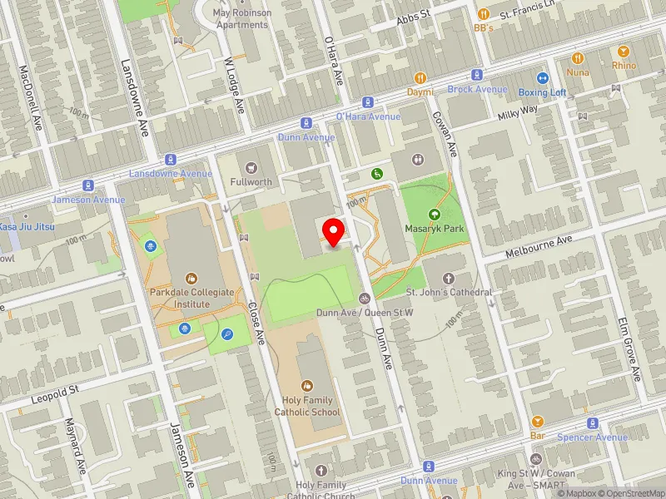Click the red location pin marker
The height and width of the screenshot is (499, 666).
tap(334, 232)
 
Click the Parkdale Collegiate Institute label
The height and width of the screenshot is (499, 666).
tap(191, 299)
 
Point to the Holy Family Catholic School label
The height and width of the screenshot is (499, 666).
tap(307, 406)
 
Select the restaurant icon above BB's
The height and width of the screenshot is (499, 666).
tap(484, 14)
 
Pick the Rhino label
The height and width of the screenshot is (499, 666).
tap(624, 66)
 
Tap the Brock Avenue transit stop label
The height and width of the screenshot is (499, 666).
tap(477, 89)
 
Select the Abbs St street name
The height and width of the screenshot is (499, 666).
tap(413, 16)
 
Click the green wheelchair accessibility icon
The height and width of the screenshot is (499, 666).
tap(376, 173)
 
